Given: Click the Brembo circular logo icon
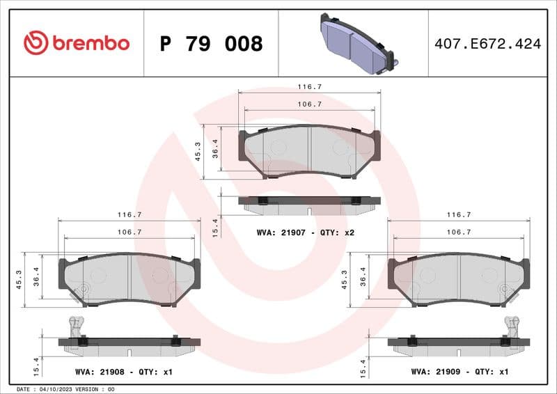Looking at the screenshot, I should [x=36, y=43].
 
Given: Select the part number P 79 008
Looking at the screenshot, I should [x=211, y=44].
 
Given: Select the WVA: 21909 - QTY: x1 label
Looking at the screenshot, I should [x=460, y=372].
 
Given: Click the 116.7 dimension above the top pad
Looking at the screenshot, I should [x=309, y=87].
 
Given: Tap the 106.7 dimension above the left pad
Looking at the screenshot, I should [x=130, y=232].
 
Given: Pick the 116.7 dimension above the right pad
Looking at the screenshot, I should [x=459, y=215].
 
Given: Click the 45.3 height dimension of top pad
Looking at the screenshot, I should [x=198, y=152].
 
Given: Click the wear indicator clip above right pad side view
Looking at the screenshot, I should [x=513, y=326].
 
